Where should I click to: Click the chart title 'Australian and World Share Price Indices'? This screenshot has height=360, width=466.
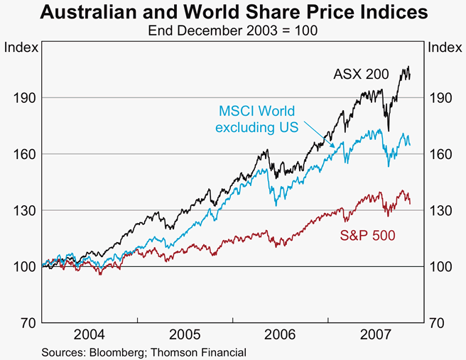[233, 12]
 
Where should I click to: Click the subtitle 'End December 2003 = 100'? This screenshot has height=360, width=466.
[233, 31]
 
